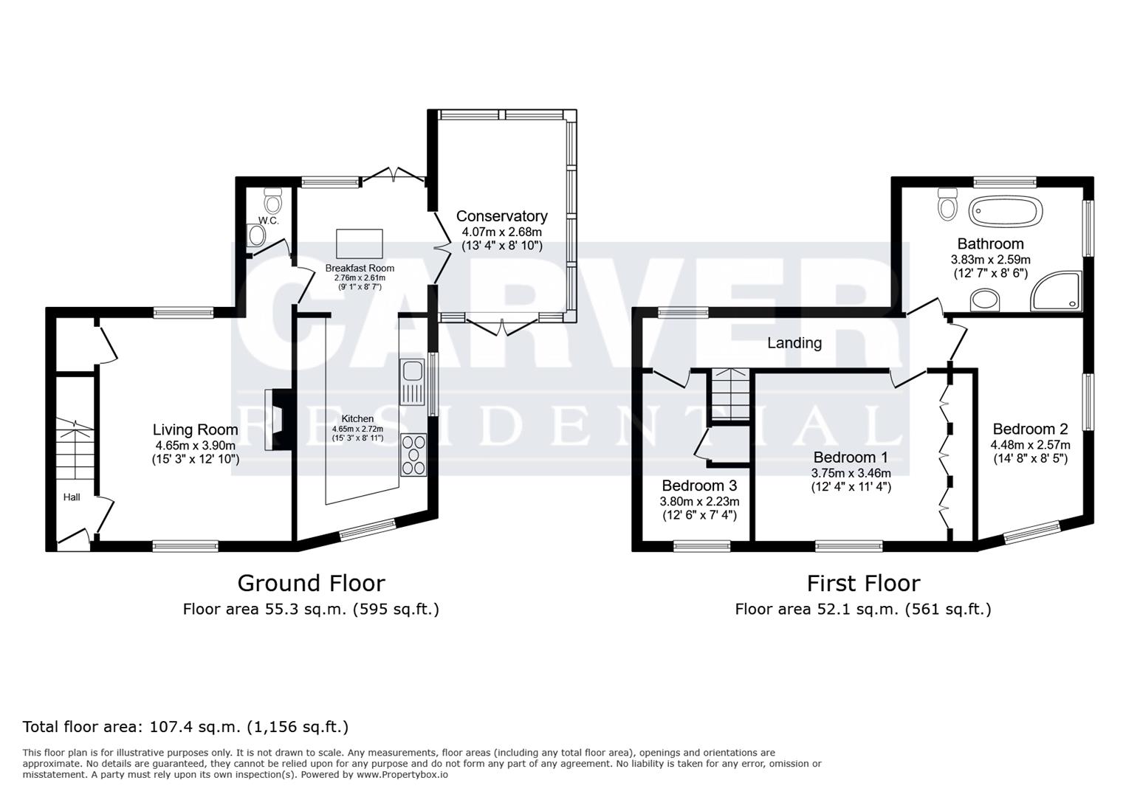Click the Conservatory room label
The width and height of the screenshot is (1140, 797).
click(x=501, y=216)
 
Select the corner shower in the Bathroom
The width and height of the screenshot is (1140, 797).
click(x=1058, y=291)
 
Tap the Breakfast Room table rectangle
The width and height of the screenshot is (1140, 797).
click(x=360, y=242)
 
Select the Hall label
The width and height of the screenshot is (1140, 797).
click(x=72, y=497)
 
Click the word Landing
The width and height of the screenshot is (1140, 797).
click(x=794, y=342)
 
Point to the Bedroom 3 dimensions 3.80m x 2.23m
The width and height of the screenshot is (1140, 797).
click(x=698, y=501)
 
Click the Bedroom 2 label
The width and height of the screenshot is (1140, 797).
click(x=1030, y=429)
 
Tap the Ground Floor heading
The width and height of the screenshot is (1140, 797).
click(x=311, y=583)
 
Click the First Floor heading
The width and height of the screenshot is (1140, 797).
click(x=862, y=583)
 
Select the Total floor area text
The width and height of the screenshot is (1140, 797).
click(x=185, y=726)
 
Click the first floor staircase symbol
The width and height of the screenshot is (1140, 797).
click(x=730, y=394)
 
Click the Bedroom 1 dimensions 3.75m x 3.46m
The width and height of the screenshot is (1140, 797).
click(x=851, y=473)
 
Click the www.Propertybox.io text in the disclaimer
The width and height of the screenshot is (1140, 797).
click(x=402, y=775)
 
